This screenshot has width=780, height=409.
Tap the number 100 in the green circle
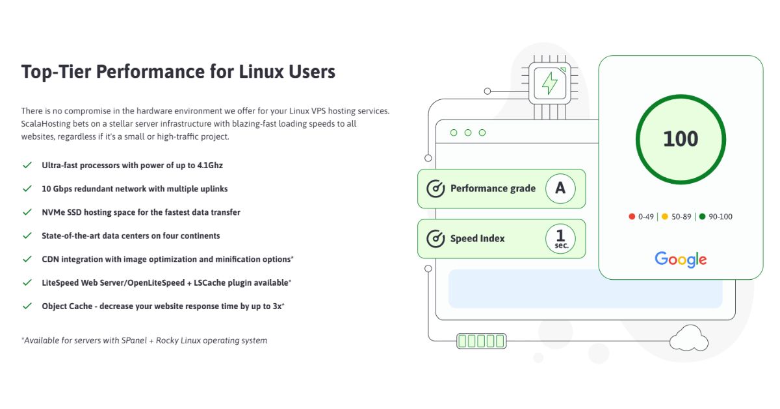tap(681, 139)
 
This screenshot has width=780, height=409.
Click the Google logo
tap(681, 259)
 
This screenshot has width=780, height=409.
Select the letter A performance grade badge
tap(560, 188)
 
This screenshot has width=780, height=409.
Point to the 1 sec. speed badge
tap(560, 239)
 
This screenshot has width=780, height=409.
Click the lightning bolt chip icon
tap(550, 83)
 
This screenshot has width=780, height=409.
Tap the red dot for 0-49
tap(632, 217)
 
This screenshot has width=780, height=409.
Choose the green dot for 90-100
tap(702, 217)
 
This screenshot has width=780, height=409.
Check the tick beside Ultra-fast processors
tap(27, 166)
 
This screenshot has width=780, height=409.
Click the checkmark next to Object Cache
tap(27, 306)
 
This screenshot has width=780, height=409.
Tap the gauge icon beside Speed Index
tap(435, 239)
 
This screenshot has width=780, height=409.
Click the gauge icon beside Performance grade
tap(435, 189)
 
